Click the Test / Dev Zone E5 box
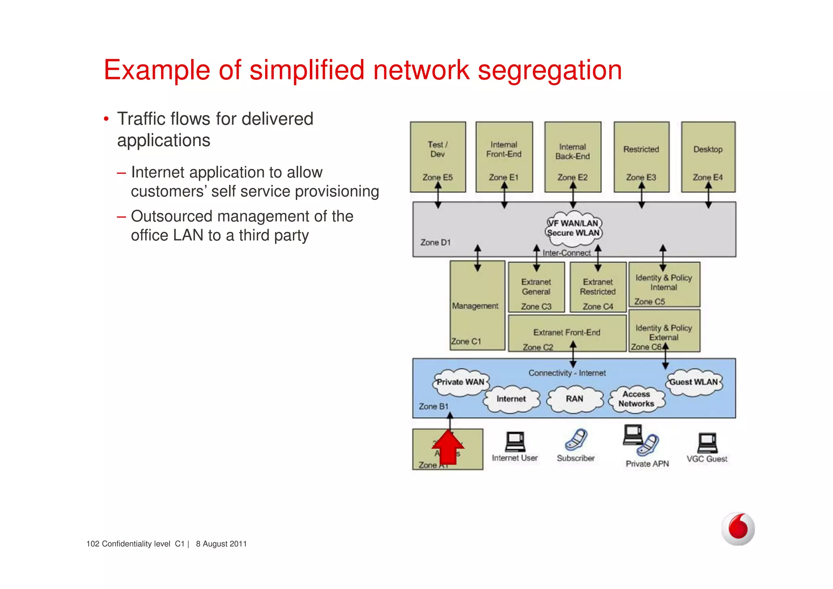click(x=438, y=157)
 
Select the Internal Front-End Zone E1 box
click(x=504, y=157)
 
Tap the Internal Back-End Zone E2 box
click(x=573, y=157)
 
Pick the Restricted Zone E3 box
click(x=641, y=157)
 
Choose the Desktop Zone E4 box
click(x=708, y=157)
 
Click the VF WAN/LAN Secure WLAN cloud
click(x=574, y=228)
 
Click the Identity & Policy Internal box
click(x=664, y=285)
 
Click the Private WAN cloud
click(x=460, y=382)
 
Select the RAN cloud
click(x=574, y=399)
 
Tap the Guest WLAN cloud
click(x=694, y=382)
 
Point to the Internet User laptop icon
click(x=515, y=442)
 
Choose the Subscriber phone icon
click(x=576, y=440)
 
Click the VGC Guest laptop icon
click(x=707, y=443)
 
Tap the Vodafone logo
click(x=738, y=529)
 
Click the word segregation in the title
click(x=550, y=70)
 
